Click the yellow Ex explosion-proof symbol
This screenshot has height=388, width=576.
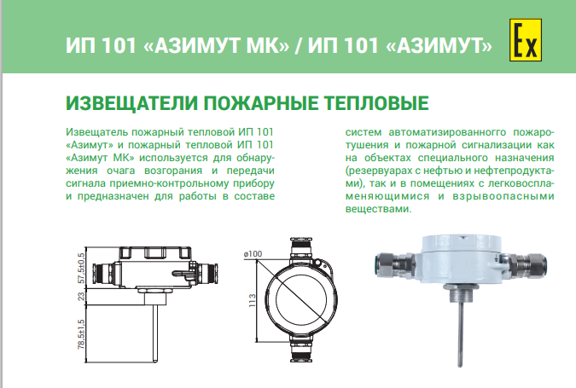coord(526,40)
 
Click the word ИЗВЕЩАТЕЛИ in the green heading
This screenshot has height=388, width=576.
coord(132,103)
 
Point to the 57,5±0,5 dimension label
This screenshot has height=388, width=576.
coord(81,268)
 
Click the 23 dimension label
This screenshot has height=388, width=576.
coord(81,296)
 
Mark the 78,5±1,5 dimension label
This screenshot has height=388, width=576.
coord(81,334)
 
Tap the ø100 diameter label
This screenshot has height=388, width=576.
coord(253,253)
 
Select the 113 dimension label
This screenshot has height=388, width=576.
coord(252,300)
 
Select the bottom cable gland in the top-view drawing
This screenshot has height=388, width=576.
coord(301,348)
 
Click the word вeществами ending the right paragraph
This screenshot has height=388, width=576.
coord(378,209)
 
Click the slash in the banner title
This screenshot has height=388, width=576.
coord(298,45)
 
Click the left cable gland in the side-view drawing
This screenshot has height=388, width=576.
coord(103,274)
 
